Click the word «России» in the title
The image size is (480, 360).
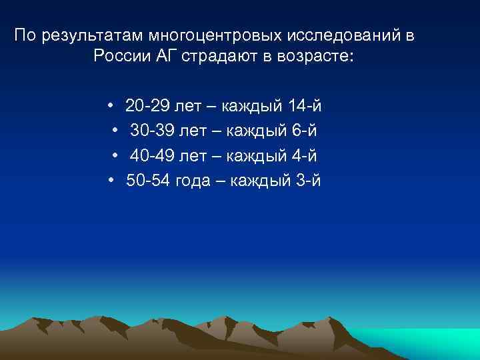point(126,57)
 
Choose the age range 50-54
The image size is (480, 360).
point(149,181)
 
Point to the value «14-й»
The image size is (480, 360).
point(307,106)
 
